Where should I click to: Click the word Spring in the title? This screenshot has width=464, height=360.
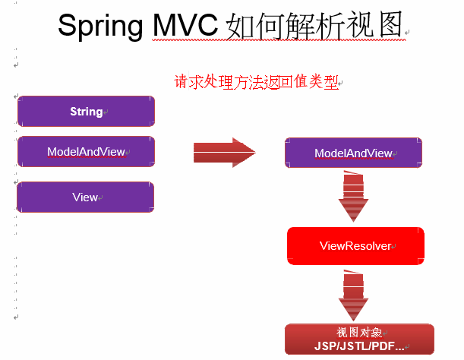pos(100,26)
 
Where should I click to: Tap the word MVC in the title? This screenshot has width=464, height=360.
pos(185,25)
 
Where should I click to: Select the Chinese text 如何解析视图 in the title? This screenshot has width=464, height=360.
pos(314,26)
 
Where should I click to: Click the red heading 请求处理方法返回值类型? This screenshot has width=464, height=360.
pos(256,82)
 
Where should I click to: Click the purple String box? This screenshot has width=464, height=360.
pos(86,112)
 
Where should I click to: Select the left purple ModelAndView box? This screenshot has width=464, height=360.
pos(86,152)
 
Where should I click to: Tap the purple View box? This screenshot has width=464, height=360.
pos(86,197)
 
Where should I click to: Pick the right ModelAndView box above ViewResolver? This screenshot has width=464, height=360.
pos(353,153)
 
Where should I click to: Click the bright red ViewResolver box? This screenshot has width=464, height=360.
pos(355,246)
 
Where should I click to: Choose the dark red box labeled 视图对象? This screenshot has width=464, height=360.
pos(359,339)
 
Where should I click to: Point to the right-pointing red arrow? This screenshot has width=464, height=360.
pos(225,153)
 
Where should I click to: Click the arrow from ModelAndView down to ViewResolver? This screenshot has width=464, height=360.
pos(353,196)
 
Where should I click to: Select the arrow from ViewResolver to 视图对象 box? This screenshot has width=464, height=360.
pos(353,295)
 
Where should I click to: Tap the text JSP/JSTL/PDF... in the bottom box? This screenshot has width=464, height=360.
pos(359,346)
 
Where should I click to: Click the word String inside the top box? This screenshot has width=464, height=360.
pos(87,112)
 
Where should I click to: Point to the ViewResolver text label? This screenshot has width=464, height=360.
pos(355,246)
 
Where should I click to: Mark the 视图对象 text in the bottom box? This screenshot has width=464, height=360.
pos(359,333)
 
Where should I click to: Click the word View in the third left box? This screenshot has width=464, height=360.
pos(85,197)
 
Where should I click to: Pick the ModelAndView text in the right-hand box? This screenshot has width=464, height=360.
pos(353,153)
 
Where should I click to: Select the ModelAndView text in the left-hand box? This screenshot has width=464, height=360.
pos(86,152)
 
